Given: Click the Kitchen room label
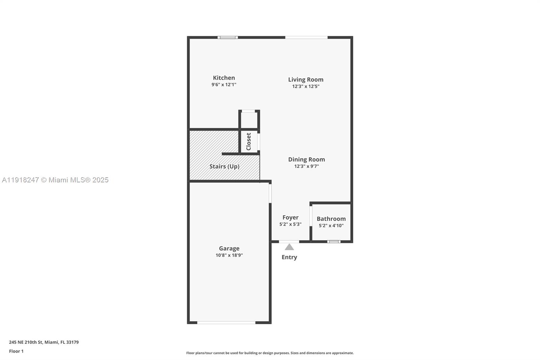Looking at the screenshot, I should (224, 78).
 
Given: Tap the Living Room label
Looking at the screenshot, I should (306, 79).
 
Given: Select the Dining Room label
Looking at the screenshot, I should (306, 159).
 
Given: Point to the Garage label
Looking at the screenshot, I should (229, 248).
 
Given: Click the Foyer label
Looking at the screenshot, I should (290, 217).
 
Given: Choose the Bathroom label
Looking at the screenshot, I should (331, 219).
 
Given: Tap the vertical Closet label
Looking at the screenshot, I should (249, 142).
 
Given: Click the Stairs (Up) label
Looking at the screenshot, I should (224, 166).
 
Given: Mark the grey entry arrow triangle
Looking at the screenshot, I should (289, 247).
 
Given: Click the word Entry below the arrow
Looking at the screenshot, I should (289, 257).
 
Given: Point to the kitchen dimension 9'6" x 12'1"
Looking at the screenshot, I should (224, 85).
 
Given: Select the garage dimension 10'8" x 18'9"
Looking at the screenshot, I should (229, 255).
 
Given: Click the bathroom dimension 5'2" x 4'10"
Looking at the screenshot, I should (331, 226).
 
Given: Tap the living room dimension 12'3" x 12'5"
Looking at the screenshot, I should (306, 86).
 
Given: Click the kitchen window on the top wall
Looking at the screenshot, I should (228, 37).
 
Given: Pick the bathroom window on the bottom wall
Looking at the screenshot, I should (334, 241).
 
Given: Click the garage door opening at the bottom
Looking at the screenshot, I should (226, 323).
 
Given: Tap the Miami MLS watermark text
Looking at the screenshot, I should (55, 180).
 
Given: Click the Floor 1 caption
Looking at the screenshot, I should (16, 351).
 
